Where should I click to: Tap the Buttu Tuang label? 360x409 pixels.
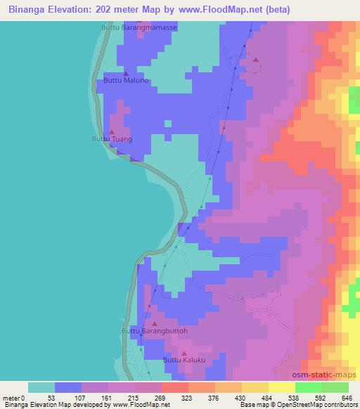click(x=112, y=139)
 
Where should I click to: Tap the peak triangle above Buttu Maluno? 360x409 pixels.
click(x=125, y=72)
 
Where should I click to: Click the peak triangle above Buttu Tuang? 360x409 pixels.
click(x=112, y=131)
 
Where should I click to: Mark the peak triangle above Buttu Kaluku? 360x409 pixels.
click(x=184, y=353)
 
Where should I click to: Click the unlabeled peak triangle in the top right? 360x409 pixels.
click(x=255, y=60)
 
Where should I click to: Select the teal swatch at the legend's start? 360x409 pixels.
click(x=41, y=387)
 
